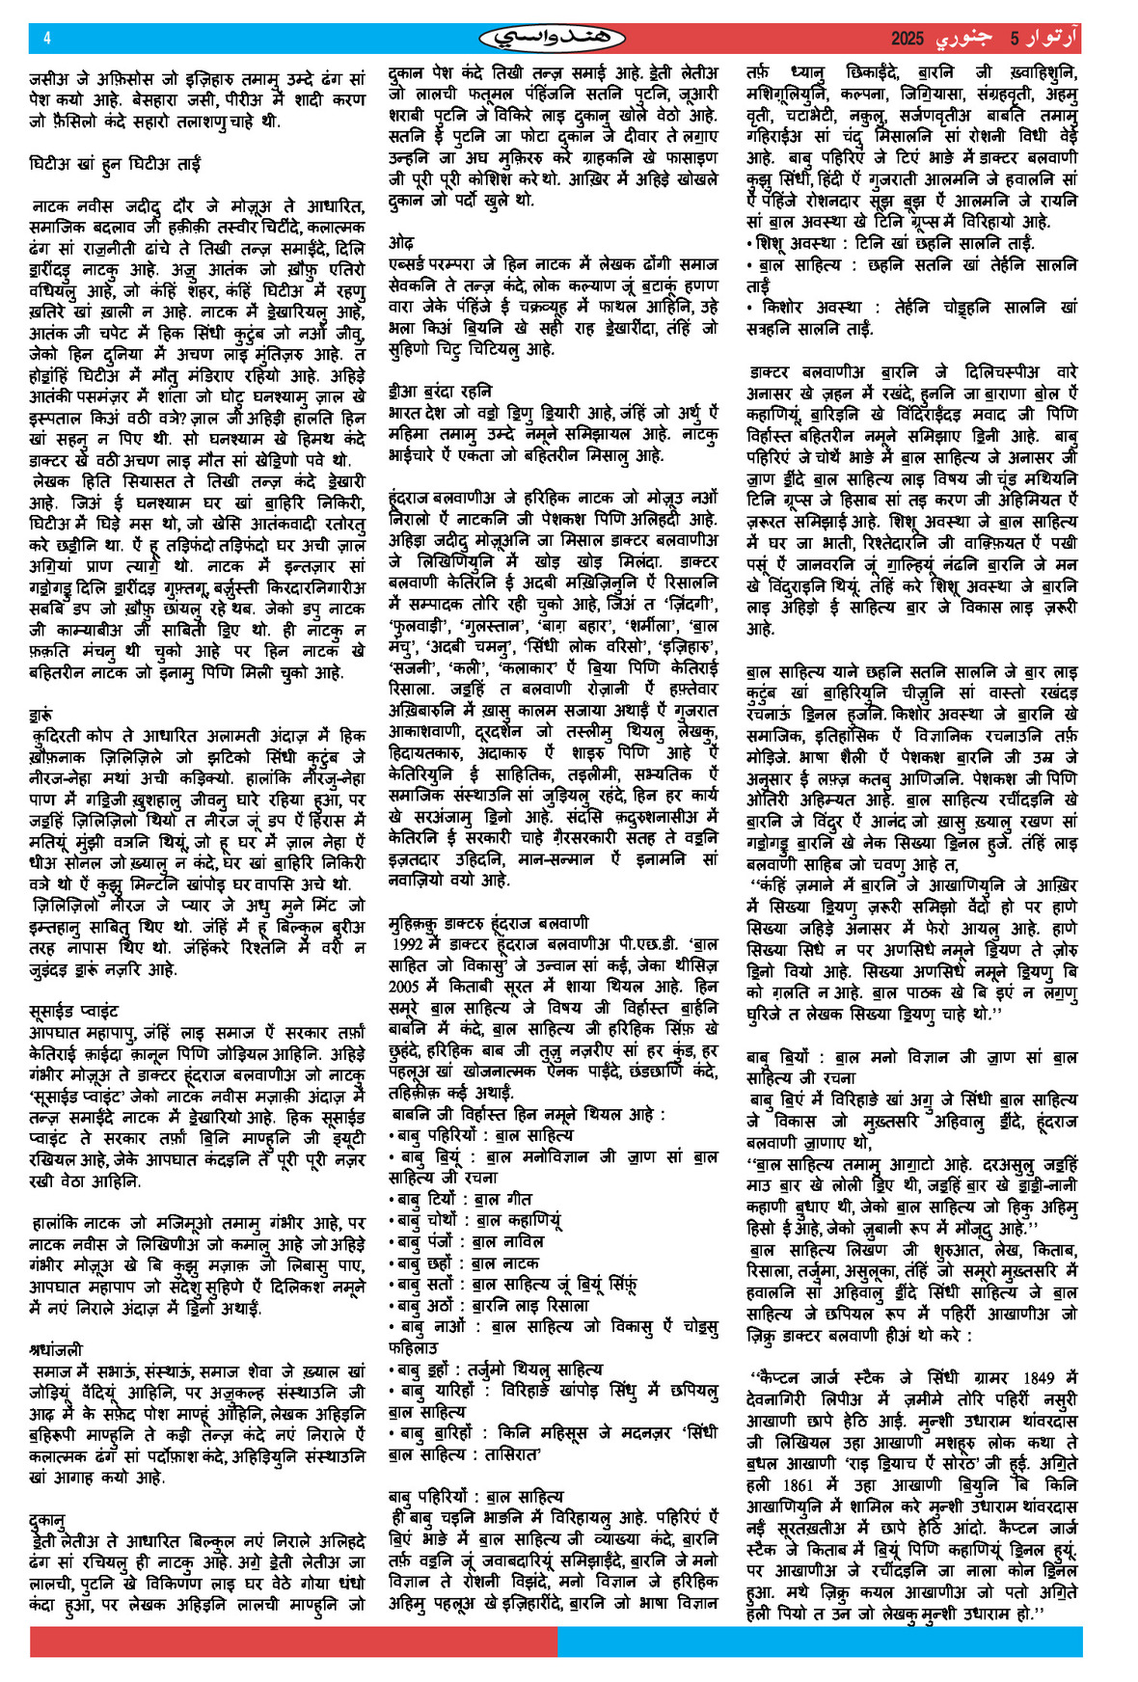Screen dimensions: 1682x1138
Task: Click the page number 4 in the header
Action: pyautogui.click(x=47, y=39)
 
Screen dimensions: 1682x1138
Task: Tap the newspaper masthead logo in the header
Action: pyautogui.click(x=552, y=39)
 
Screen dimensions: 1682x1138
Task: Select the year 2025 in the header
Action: pyautogui.click(x=908, y=40)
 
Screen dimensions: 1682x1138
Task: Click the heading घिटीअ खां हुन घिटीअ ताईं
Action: pyautogui.click(x=115, y=164)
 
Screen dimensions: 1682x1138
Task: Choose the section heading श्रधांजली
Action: pyautogui.click(x=56, y=1349)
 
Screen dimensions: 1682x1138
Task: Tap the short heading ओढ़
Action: pyautogui.click(x=401, y=242)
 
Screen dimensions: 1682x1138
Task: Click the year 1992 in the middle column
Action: pyautogui.click(x=406, y=944)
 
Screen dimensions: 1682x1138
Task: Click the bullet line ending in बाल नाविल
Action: pyautogui.click(x=467, y=1241)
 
